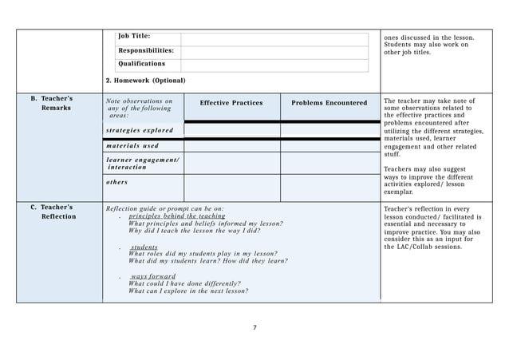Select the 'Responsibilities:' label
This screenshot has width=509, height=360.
coord(146,49)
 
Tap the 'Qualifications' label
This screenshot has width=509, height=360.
coord(142,63)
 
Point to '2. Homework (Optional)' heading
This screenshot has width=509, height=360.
coord(145,81)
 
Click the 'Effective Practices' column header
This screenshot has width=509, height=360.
coord(231,103)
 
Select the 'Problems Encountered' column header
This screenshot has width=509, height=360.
coord(329,103)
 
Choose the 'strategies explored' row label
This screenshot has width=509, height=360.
coord(139,129)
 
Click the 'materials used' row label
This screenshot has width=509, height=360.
coord(132,145)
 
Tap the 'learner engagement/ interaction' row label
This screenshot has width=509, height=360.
coord(142,164)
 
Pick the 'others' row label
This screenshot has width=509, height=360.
coord(117,181)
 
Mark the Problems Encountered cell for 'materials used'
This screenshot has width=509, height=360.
coord(329,146)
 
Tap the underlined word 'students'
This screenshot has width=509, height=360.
coord(144,247)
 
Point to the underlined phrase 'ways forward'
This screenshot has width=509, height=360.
coord(153,276)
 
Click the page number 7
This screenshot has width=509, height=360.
coord(254,327)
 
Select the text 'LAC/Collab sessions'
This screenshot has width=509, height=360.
coord(431,247)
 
